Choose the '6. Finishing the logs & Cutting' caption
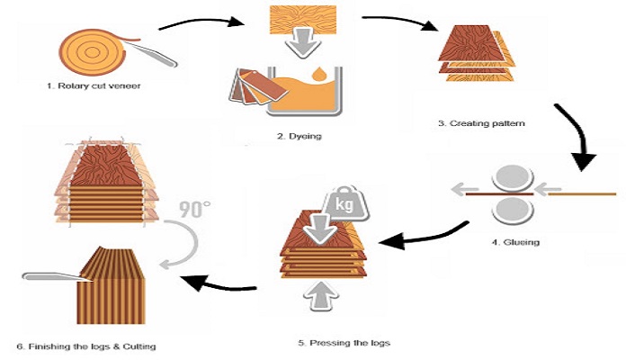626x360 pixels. pyautogui.click(x=92, y=346)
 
